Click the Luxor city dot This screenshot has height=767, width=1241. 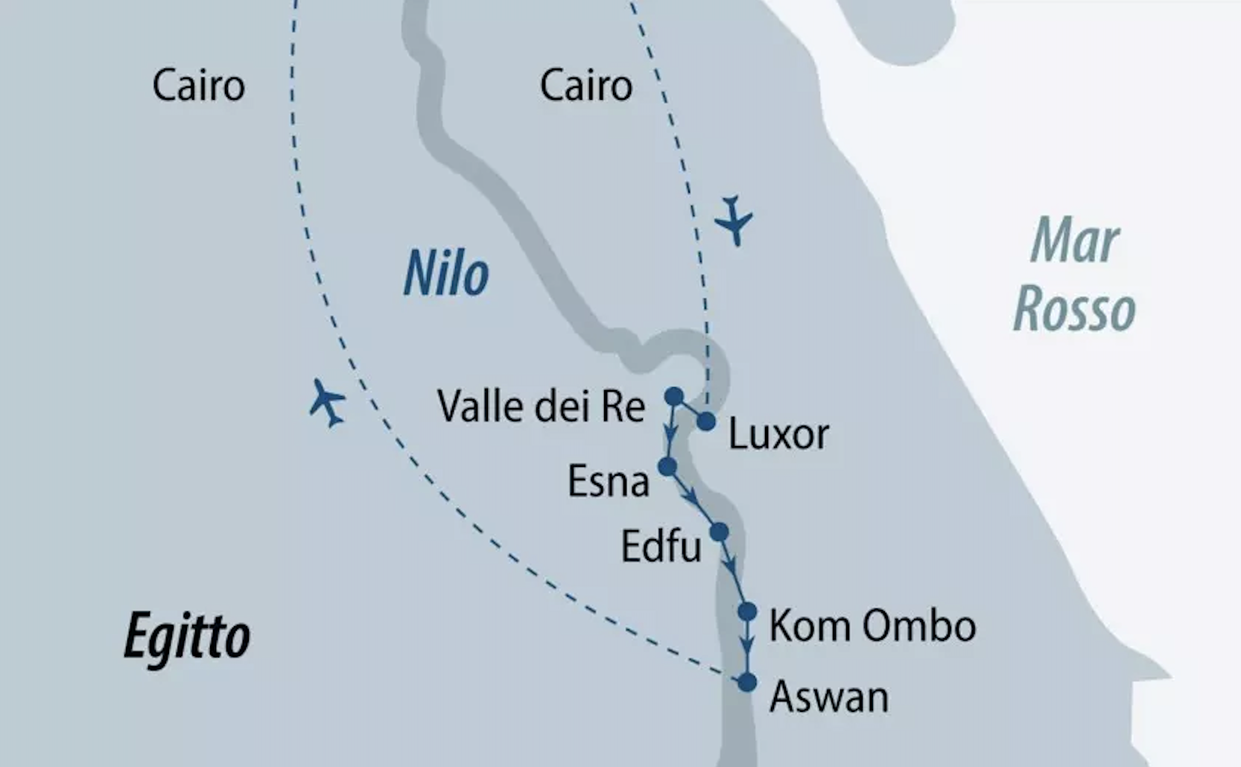tap(705, 422)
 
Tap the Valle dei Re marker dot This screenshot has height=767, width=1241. tap(673, 396)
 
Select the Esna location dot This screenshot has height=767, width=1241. tap(667, 467)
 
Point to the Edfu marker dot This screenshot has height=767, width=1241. tap(719, 532)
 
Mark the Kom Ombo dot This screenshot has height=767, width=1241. tap(747, 611)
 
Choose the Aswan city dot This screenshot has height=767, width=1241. tap(746, 682)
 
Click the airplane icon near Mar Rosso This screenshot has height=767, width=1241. tap(734, 220)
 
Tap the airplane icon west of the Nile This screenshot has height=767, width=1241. tap(327, 403)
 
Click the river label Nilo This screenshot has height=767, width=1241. tap(445, 274)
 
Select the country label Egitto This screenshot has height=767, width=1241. tap(186, 637)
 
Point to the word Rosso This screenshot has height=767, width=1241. tap(1074, 309)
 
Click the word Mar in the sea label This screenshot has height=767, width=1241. tap(1074, 241)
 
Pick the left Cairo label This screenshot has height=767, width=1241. tap(198, 86)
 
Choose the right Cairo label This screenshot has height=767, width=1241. tap(585, 86)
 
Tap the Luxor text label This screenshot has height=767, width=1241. tap(778, 434)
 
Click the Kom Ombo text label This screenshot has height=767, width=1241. tap(872, 626)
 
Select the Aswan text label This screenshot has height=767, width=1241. tap(828, 698)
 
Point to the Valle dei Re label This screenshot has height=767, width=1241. tap(541, 407)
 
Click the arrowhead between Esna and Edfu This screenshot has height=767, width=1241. tap(692, 495)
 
